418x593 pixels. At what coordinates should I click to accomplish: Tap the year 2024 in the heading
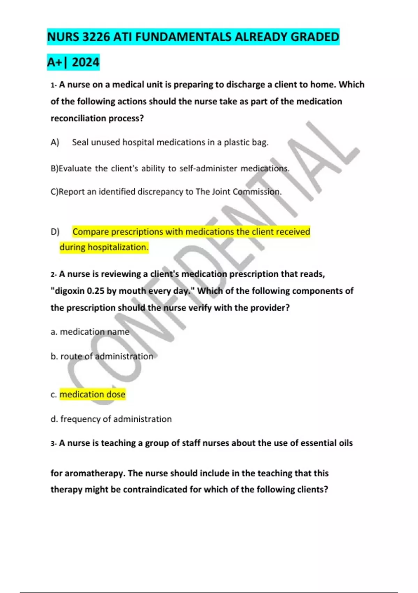86,62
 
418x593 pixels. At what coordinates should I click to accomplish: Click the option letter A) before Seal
55,142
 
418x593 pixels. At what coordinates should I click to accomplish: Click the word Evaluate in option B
75,168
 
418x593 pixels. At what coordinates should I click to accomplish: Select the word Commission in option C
257,192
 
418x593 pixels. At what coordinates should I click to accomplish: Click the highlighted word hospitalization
118,247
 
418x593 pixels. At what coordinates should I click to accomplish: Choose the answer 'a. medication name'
90,332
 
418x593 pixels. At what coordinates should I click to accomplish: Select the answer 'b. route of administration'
102,356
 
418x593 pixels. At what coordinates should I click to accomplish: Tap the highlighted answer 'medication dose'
92,395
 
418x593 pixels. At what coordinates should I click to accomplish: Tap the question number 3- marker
53,443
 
